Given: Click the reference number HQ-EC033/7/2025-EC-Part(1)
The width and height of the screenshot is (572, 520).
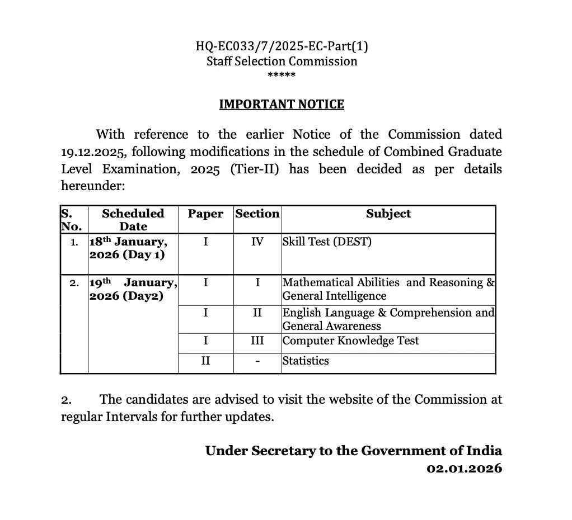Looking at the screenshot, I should coord(282,46).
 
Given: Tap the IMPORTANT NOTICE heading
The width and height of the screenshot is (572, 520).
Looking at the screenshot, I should coord(282,105).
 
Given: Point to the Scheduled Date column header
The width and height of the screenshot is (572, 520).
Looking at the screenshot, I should coord(133,220).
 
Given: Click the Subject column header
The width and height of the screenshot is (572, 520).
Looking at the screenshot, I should coord(388,214).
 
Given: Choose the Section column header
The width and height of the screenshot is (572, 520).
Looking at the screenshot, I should coord(257,214).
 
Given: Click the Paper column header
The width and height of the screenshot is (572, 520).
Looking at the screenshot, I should coord(205,214).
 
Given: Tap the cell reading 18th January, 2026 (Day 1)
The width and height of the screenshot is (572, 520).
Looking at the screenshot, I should coord(128,248).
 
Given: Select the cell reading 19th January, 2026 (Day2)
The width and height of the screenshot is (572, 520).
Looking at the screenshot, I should coord(133,289).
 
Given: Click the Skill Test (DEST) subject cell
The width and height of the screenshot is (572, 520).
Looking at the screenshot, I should coord(327,242).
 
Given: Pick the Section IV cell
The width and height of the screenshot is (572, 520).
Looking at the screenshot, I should coord(257,242).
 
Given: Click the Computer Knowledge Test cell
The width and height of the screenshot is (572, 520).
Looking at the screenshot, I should coord(350,341).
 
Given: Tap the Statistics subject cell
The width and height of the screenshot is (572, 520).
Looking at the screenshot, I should coord(306,361).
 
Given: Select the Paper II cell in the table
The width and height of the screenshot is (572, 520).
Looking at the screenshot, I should coord(205,361).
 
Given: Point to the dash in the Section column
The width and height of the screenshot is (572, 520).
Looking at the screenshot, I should coord(257,361).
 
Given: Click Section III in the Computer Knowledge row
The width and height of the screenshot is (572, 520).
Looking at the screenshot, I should coord(257,341).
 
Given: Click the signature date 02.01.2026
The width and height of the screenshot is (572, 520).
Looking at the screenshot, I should coord(464,468).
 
